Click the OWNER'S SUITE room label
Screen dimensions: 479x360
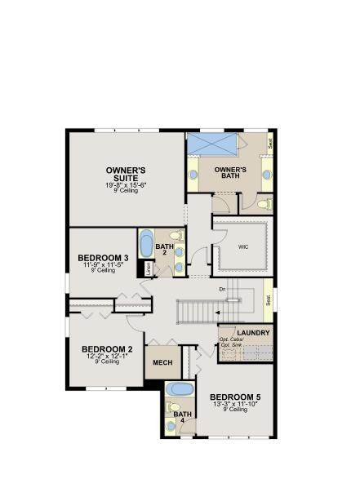pos(126,174)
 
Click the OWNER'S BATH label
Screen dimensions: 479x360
pos(230,173)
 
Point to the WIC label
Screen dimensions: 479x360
pos(242,246)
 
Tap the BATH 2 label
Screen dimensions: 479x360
pos(165,249)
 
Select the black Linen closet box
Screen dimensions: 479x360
pos(149,268)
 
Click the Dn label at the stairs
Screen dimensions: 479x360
pos(222,288)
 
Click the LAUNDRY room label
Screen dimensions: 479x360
pos(252,333)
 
